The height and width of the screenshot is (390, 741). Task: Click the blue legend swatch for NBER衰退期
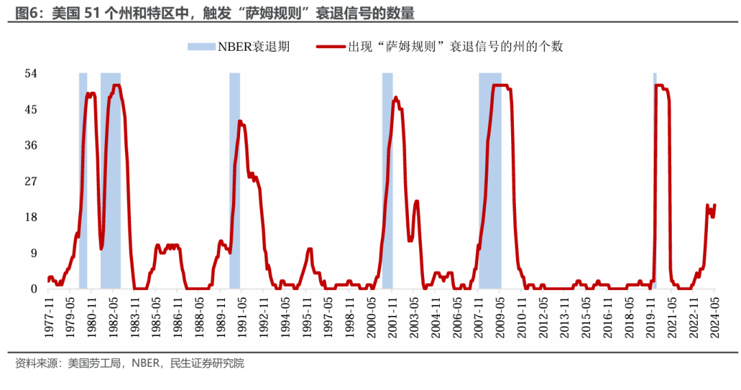(201, 47)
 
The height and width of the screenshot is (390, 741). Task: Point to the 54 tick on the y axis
(31, 73)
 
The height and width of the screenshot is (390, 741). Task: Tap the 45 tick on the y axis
(31, 110)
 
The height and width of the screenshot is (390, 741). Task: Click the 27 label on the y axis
(31, 181)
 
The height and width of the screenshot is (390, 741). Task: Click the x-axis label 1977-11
(49, 317)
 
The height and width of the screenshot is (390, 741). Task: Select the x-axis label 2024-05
(715, 317)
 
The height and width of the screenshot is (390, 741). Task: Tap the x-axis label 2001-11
(392, 317)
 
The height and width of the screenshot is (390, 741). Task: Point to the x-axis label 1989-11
(221, 317)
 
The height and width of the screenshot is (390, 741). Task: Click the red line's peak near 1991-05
(239, 121)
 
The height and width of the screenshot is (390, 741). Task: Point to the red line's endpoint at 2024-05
(714, 205)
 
